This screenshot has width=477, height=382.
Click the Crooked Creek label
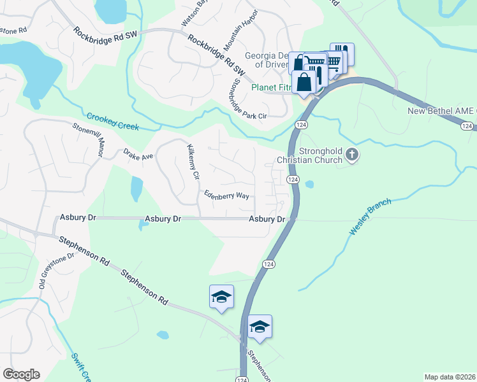113,122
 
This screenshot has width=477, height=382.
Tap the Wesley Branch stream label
369,216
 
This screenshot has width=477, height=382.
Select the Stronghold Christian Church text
309,156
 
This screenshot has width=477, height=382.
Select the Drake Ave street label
138,155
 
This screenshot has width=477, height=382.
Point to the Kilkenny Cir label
193,162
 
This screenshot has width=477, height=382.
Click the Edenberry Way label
226,195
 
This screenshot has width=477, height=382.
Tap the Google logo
21,374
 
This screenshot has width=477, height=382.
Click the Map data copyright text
449,377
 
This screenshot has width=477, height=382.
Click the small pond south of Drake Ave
136,188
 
